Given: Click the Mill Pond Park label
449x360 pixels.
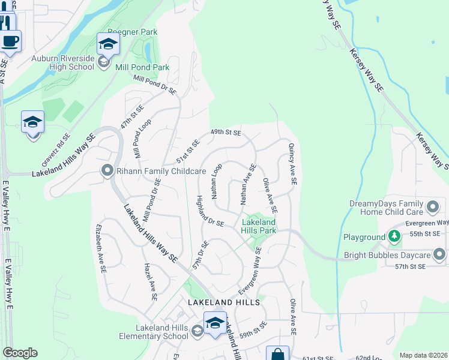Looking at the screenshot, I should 142,68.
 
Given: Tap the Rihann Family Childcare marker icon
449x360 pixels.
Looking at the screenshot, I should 107,172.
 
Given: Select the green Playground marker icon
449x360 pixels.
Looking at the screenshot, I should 394,237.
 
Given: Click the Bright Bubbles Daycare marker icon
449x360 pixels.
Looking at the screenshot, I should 440,256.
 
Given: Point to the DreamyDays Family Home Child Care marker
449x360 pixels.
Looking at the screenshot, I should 433,208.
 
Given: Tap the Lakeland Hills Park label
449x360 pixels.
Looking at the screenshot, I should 259,226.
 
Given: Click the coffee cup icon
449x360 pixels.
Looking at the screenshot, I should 10,42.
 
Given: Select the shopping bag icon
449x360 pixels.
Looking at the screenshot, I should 277,354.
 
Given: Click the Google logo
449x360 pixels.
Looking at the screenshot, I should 20,353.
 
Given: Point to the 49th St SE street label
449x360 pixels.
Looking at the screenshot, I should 225,133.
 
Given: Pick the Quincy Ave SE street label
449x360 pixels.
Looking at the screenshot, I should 292,163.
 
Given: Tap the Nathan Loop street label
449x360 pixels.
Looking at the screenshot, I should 217,181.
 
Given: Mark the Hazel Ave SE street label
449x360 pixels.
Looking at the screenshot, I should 149,281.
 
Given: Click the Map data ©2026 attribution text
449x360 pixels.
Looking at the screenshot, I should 423,355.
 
